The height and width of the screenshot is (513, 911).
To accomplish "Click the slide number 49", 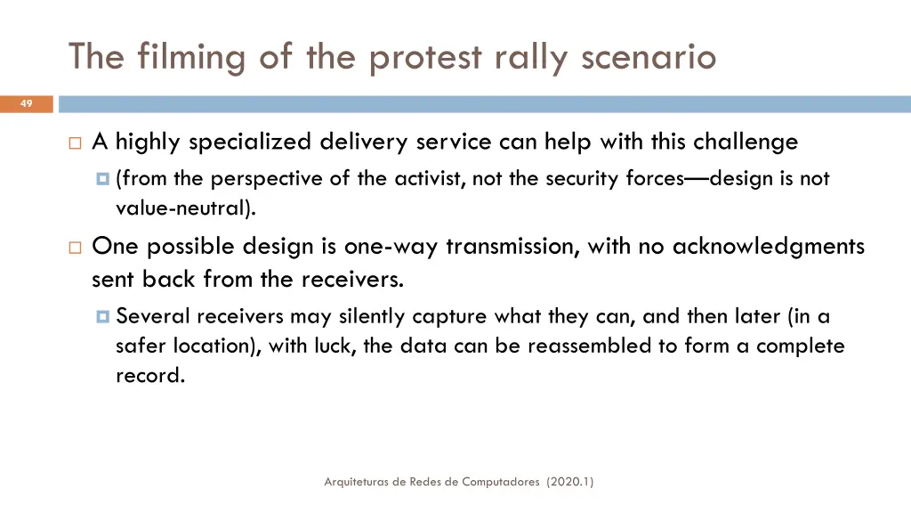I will (x=26, y=104).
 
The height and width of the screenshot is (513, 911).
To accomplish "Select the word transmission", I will (x=512, y=246).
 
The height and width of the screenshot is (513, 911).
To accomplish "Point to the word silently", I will (x=371, y=316).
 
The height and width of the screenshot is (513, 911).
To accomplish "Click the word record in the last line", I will (x=150, y=375).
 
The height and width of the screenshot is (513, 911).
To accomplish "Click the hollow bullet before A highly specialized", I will (x=75, y=142).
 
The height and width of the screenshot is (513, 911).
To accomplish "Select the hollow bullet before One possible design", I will (x=75, y=247).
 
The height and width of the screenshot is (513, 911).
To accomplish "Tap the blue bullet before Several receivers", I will (x=103, y=316).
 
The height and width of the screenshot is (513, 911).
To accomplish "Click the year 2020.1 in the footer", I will (x=570, y=482).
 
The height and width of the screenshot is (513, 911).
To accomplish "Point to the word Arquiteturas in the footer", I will (x=359, y=482).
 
